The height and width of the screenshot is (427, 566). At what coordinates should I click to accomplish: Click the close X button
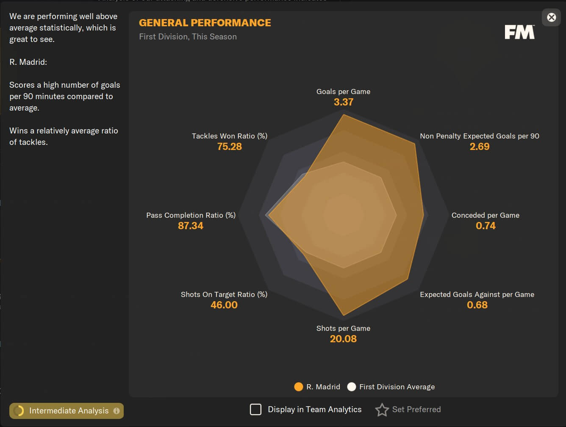(551, 17)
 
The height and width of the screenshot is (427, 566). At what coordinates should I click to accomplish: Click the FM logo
(519, 32)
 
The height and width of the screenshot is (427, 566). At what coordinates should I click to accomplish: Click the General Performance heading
(205, 23)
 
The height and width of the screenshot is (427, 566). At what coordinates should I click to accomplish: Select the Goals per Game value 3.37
(343, 102)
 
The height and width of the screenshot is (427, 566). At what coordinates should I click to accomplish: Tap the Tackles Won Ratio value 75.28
(229, 147)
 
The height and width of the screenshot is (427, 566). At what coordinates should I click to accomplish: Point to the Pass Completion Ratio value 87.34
(191, 226)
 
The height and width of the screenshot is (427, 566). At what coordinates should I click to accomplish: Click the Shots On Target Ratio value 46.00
(224, 305)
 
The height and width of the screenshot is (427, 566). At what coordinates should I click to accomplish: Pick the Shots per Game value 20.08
(343, 339)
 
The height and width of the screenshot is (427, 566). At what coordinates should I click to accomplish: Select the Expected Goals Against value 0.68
(477, 305)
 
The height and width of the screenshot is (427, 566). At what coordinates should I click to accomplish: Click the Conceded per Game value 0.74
(486, 226)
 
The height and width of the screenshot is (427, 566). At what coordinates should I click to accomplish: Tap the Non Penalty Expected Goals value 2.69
(479, 147)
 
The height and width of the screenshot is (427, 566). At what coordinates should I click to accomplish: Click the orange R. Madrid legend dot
(299, 387)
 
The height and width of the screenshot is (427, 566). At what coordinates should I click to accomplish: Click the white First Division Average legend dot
(351, 387)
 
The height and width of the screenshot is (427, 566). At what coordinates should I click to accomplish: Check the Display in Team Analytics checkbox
(255, 410)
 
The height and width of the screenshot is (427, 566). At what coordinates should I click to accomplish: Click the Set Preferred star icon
(382, 410)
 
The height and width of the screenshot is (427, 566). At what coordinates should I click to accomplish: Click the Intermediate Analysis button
(67, 410)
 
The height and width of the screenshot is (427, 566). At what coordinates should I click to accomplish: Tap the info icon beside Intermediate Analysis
(117, 410)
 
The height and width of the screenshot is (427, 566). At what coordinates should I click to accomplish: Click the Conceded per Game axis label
(485, 215)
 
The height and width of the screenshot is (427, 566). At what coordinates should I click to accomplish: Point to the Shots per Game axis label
(343, 328)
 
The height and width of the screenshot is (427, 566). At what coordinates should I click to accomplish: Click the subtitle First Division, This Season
(188, 37)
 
